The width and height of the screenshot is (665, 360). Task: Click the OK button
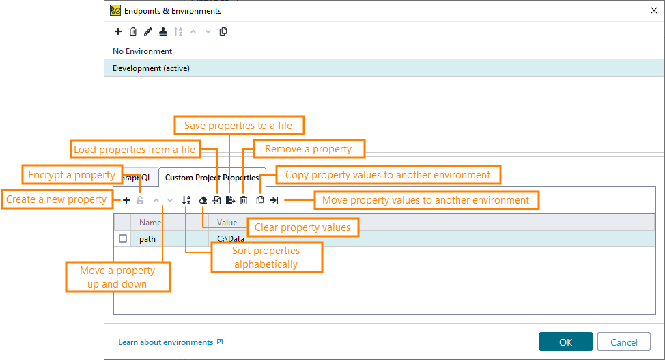point(565,342)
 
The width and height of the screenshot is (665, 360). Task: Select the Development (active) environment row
point(151,68)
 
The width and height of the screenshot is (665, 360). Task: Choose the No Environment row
point(143,51)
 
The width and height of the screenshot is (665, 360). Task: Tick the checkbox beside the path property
point(123,239)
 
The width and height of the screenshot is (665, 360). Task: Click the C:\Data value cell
point(231,239)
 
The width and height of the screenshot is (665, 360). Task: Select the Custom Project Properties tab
point(212,178)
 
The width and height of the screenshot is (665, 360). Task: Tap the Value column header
point(227,223)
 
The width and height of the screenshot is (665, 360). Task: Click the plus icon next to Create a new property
point(126,201)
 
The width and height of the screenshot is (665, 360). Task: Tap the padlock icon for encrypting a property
point(140,201)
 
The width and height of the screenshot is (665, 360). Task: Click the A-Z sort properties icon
point(186,201)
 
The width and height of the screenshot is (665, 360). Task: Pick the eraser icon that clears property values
point(202,201)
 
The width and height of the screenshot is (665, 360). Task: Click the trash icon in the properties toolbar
point(244,201)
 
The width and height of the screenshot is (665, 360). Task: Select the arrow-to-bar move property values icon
point(274,201)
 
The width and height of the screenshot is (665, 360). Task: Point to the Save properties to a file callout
point(238,126)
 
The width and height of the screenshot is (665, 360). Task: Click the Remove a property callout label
point(309,149)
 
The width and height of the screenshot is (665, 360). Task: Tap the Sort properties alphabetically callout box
point(266,258)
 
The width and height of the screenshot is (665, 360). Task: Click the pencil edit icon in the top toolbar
point(148,31)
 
